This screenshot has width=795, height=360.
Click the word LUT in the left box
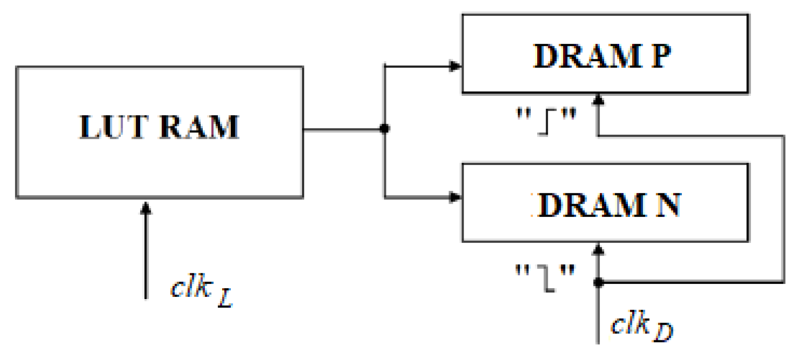pyautogui.click(x=113, y=127)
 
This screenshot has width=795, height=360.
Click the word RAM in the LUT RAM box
pyautogui.click(x=199, y=127)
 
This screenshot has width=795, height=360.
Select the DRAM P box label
pyautogui.click(x=602, y=56)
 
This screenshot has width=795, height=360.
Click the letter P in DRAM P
pyautogui.click(x=661, y=56)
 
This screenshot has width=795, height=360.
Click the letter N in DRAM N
pyautogui.click(x=668, y=205)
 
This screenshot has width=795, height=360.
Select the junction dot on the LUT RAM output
pyautogui.click(x=385, y=128)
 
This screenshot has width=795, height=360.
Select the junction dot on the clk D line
pyautogui.click(x=598, y=282)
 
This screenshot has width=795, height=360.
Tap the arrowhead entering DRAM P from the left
pyautogui.click(x=455, y=66)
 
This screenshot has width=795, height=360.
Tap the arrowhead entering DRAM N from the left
pyautogui.click(x=455, y=197)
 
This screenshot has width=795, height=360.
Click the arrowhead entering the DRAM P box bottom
pyautogui.click(x=598, y=100)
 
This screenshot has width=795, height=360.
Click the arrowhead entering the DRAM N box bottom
pyautogui.click(x=598, y=249)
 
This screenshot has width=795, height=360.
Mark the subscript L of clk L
pyautogui.click(x=226, y=297)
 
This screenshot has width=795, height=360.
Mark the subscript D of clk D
pyautogui.click(x=663, y=332)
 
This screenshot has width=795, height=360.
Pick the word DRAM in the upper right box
pyautogui.click(x=587, y=56)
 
